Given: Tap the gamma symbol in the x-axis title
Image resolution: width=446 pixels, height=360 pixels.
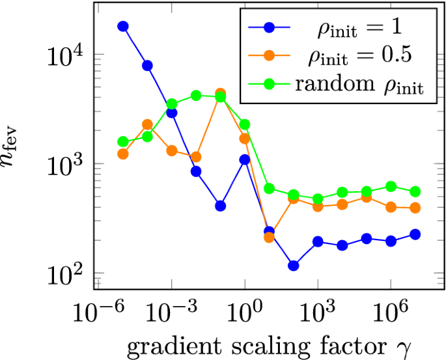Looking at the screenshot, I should click(x=409, y=346).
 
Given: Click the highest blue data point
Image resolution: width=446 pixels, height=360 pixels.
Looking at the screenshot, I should click(x=122, y=26).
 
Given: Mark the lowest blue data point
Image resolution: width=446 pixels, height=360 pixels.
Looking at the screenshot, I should click(x=293, y=266).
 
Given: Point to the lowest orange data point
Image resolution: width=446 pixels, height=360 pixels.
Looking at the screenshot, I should click(x=269, y=237).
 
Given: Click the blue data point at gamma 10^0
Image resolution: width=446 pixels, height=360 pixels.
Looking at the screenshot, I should click(x=245, y=159).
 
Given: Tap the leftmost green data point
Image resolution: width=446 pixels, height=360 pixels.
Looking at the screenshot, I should click(x=122, y=141).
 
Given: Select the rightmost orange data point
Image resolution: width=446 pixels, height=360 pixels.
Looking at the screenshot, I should click(x=415, y=208).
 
